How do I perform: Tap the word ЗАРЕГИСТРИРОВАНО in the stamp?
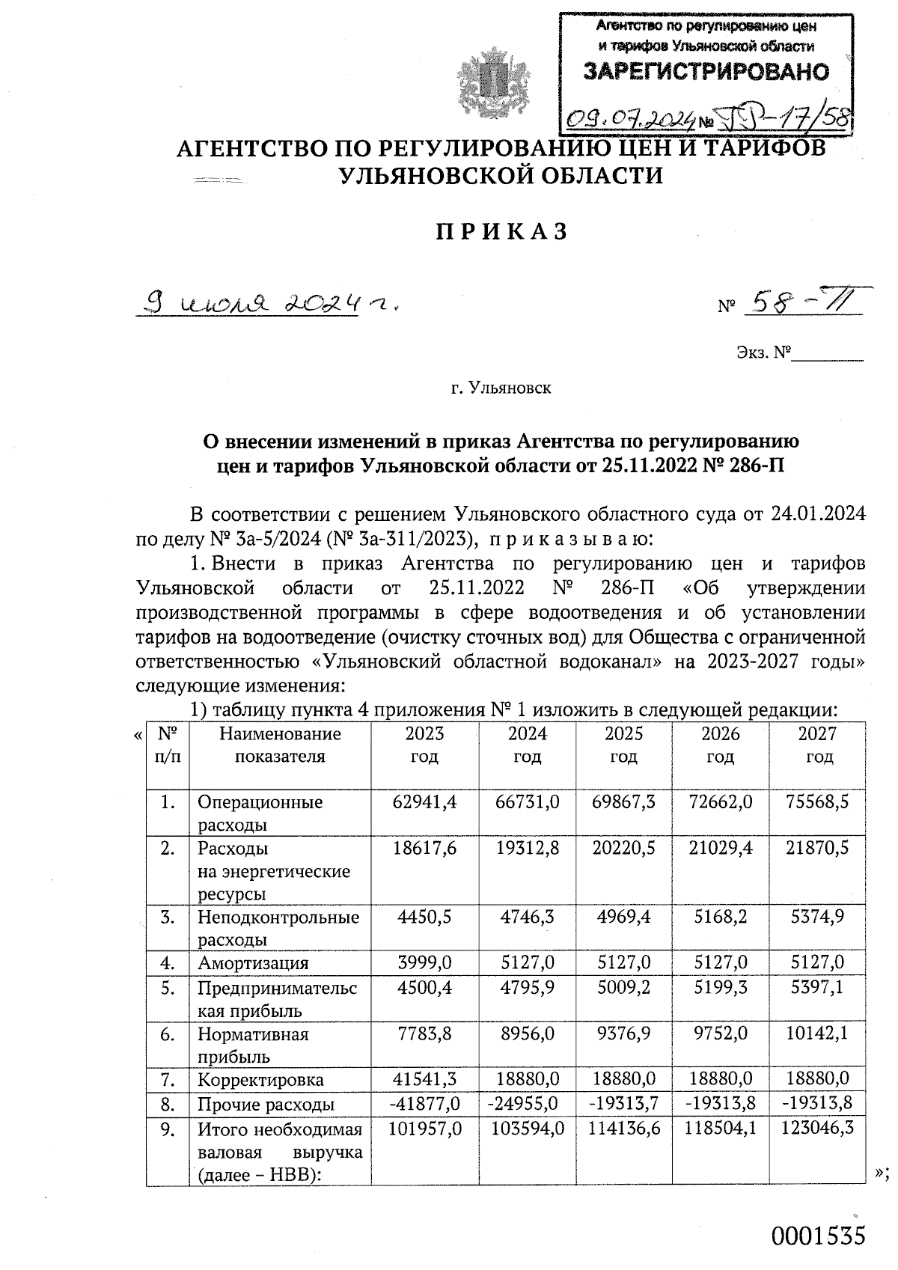[x=706, y=71]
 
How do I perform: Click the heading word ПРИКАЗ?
[x=502, y=232]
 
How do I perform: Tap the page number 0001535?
[x=819, y=1236]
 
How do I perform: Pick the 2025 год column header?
[x=623, y=745]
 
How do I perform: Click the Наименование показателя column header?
[x=280, y=745]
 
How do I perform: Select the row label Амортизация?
[x=253, y=962]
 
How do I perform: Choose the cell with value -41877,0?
[x=424, y=1104]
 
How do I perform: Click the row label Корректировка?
[x=260, y=1080]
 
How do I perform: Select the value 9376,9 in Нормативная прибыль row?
[x=623, y=1034]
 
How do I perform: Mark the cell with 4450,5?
[x=424, y=917]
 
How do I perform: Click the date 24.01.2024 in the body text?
[x=813, y=514]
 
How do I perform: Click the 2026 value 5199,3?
[x=720, y=988]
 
